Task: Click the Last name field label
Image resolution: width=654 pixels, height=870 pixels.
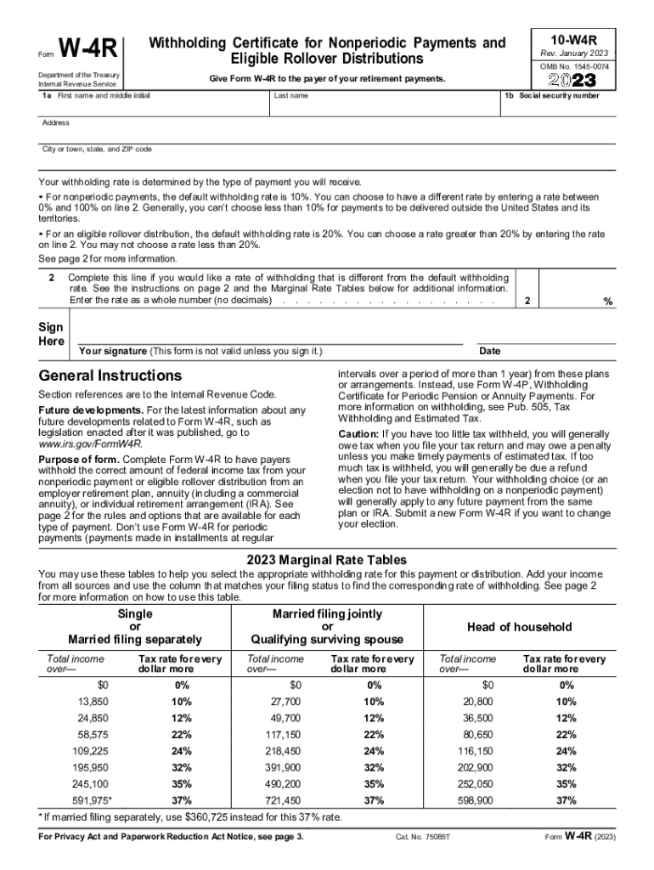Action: point(290,96)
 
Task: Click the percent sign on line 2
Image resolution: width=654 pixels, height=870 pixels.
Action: point(607,302)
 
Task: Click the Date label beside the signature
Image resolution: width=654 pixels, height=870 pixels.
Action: point(490,351)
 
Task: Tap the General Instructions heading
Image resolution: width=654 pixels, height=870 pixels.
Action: point(110,376)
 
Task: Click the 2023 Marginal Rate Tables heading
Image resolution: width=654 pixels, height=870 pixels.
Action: point(326,560)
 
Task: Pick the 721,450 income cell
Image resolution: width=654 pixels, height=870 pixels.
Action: point(283,800)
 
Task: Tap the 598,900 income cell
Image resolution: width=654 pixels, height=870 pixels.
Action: point(476,800)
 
